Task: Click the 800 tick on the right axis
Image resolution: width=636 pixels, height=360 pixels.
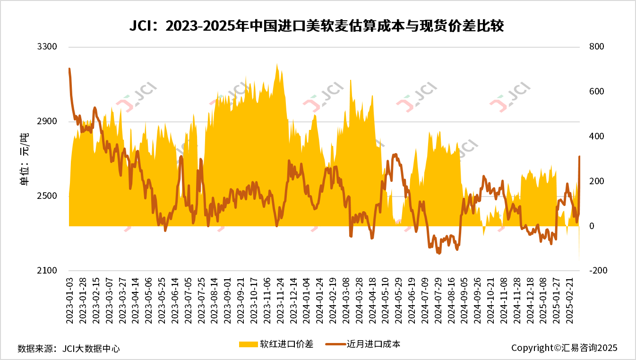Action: tap(596, 47)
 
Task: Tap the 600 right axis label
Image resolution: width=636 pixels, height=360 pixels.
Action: tap(596, 92)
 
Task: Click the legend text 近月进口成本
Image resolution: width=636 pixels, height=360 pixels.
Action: tap(373, 344)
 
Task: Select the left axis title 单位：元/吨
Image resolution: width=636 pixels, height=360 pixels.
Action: tap(24, 159)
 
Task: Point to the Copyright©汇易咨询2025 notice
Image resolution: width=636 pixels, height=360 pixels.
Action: tap(564, 348)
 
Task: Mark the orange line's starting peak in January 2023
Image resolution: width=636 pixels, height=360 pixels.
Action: tap(69, 69)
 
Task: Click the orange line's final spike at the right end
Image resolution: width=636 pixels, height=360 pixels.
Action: tap(579, 156)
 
